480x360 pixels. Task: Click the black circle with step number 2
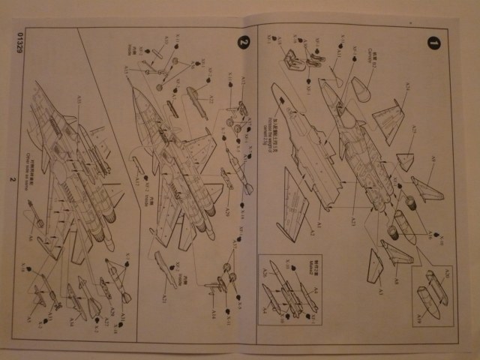pos(241,42)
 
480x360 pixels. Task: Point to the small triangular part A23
pos(405,160)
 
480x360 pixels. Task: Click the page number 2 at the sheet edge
pos(11,179)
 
